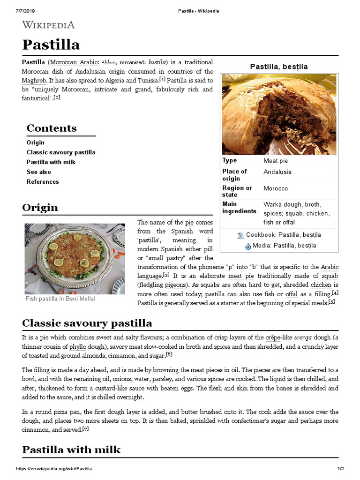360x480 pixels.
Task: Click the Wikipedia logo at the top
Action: pyautogui.click(x=48, y=25)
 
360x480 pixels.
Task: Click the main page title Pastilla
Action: pyautogui.click(x=51, y=45)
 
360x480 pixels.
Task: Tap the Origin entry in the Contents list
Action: pyautogui.click(x=36, y=142)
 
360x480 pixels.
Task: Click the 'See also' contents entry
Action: pyautogui.click(x=39, y=172)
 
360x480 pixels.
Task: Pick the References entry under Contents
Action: pyautogui.click(x=43, y=182)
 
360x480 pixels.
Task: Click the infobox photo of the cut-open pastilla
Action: pyautogui.click(x=279, y=114)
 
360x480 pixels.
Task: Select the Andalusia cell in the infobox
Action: pyautogui.click(x=277, y=172)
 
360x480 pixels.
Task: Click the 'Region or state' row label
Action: pyautogui.click(x=237, y=192)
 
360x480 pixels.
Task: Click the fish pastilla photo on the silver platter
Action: pyautogui.click(x=75, y=259)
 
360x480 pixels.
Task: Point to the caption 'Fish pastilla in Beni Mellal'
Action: pyautogui.click(x=60, y=299)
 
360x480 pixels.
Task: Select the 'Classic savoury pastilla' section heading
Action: pyautogui.click(x=87, y=323)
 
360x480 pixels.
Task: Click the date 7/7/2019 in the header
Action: pyautogui.click(x=26, y=11)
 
